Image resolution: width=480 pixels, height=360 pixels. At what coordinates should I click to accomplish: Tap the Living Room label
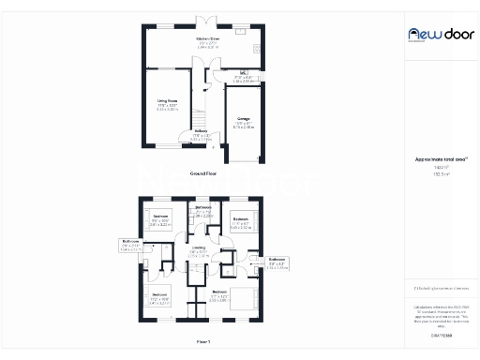pos(168,105)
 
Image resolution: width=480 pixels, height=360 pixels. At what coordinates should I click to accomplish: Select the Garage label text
pos(242,120)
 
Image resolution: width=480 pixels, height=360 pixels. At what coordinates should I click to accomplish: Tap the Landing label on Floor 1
pos(200,248)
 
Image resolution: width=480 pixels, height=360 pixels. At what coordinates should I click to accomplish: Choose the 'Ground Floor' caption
pos(202,173)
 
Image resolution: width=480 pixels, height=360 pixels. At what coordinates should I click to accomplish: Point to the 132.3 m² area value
pos(436,173)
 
